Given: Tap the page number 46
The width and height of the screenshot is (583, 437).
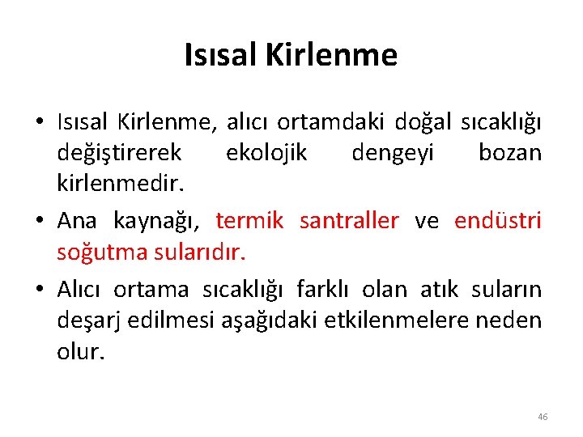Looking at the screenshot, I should click(542, 417).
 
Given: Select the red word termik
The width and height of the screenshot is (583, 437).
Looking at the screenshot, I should click(249, 221).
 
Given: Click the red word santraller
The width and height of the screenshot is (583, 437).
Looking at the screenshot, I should click(348, 221).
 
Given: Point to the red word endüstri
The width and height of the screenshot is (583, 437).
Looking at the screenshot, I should click(497, 221).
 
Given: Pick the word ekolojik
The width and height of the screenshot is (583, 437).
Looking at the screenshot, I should click(266, 152).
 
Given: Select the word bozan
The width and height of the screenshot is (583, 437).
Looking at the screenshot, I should click(510, 152).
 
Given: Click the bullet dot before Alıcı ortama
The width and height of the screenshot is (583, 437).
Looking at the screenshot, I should click(40, 290).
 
